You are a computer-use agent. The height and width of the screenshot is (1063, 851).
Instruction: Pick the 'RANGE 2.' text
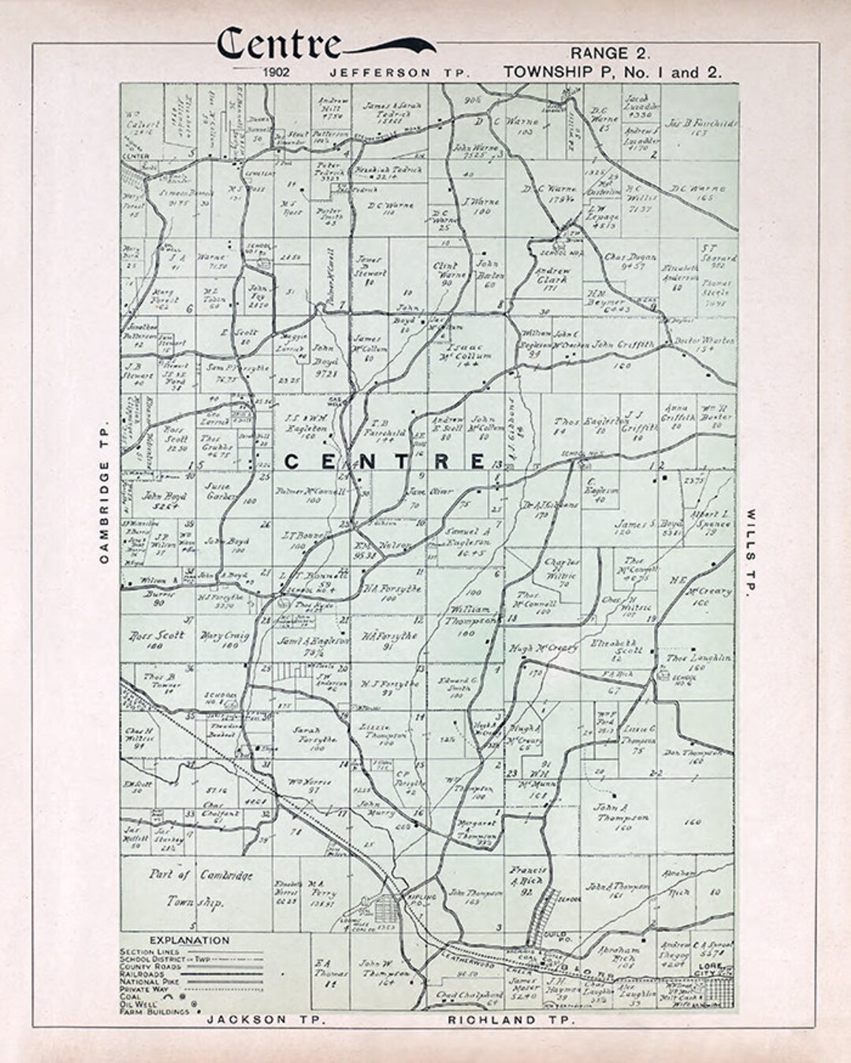tap(611, 54)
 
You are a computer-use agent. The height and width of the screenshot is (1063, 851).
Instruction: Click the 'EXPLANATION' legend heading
tap(189, 940)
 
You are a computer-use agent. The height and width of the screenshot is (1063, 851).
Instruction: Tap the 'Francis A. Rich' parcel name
tap(528, 876)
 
